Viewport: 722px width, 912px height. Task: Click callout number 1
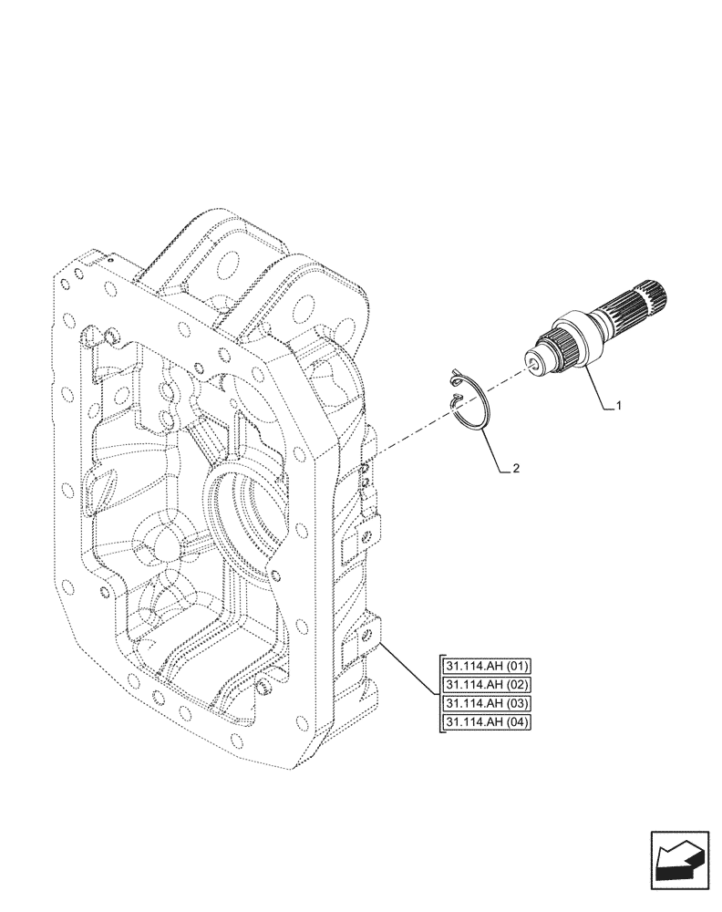click(x=619, y=406)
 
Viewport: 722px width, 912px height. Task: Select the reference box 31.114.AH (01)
click(x=487, y=665)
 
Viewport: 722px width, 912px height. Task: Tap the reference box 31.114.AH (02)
click(x=487, y=684)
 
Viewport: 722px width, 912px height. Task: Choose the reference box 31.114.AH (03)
click(x=487, y=703)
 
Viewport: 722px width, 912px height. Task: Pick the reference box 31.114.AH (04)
click(x=487, y=722)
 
